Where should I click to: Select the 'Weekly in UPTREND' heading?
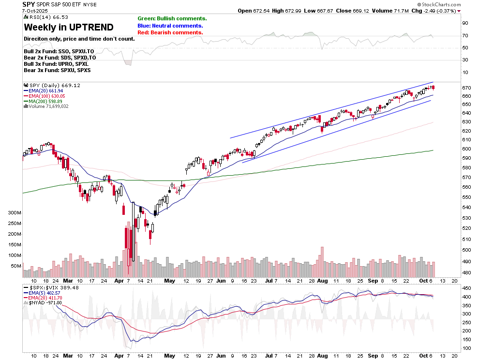69,27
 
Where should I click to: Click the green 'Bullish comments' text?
172,18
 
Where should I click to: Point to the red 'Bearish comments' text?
170,32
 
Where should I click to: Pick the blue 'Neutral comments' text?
170,26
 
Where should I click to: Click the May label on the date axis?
169,281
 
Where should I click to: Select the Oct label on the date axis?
424,281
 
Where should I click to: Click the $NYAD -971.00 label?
45,302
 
